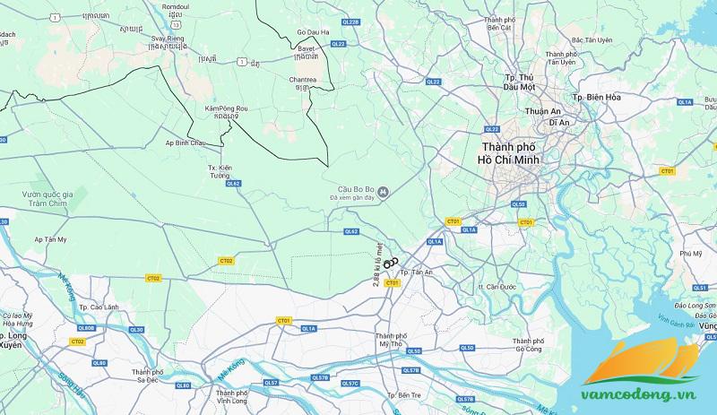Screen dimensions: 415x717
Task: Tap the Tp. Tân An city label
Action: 416,272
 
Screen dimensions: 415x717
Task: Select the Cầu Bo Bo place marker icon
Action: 383,190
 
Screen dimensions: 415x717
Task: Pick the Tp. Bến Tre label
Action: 404,395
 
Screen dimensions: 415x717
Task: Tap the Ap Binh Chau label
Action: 186,143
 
